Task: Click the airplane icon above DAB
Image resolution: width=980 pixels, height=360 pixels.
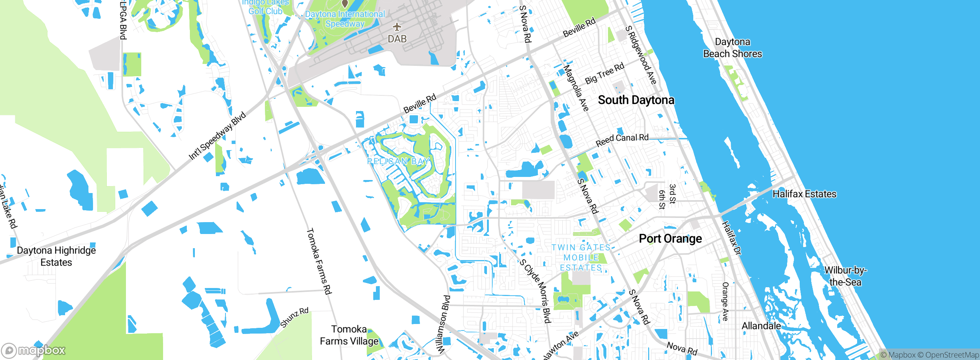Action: click(x=397, y=27)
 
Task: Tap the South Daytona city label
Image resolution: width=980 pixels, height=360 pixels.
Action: click(x=636, y=100)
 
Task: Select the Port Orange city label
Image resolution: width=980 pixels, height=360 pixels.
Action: click(x=670, y=239)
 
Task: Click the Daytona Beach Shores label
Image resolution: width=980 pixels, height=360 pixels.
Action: click(x=732, y=48)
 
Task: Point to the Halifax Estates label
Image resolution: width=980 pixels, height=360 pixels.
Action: click(x=804, y=194)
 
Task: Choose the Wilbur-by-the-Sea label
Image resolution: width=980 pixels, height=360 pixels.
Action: click(x=845, y=276)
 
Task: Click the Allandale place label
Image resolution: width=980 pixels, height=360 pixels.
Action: click(x=761, y=326)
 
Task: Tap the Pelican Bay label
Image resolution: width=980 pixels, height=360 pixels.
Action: click(x=398, y=161)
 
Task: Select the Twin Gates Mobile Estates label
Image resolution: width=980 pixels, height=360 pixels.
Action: click(x=581, y=258)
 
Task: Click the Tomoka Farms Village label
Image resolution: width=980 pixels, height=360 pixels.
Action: click(x=349, y=335)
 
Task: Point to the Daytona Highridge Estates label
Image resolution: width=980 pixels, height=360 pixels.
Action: click(x=56, y=256)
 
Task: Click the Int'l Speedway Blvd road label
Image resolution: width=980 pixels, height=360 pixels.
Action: click(x=217, y=136)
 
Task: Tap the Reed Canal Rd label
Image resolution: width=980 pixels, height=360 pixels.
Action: click(x=622, y=140)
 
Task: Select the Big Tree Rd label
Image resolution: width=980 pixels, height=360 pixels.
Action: click(x=604, y=73)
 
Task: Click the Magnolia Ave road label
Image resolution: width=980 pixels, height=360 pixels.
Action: click(x=576, y=88)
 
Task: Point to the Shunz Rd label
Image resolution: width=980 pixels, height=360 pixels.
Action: click(x=294, y=317)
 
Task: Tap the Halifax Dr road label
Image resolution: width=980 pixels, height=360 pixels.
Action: click(x=732, y=238)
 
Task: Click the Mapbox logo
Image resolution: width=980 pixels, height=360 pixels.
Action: click(x=34, y=350)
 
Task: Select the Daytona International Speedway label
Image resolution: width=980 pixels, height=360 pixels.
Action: click(x=345, y=19)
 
